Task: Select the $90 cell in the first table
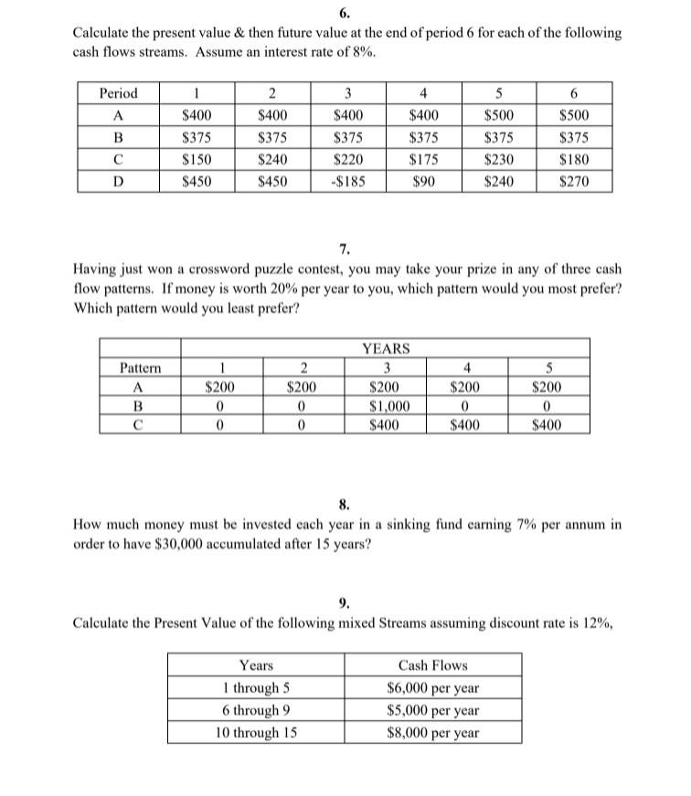pos(421,181)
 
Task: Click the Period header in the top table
pos(118,93)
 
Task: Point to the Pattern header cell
pos(139,368)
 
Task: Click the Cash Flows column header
pos(432,665)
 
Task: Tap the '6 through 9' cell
pos(261,709)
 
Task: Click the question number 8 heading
pos(343,502)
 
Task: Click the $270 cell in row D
pos(573,181)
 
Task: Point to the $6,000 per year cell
pos(432,687)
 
